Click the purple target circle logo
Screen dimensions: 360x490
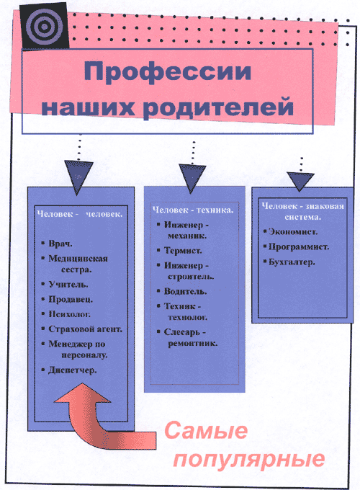[x=44, y=27]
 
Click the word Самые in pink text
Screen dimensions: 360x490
[x=206, y=431]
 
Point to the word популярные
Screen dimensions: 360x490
[x=249, y=460]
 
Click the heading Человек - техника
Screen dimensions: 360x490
[x=193, y=210]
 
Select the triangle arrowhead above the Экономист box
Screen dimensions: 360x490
[x=300, y=182]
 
